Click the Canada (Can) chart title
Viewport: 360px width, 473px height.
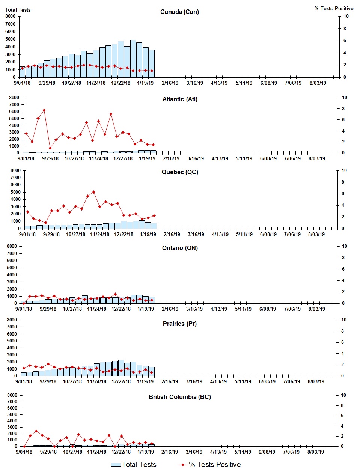point(179,12)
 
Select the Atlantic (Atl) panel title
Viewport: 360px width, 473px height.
point(180,99)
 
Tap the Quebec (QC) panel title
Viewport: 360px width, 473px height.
point(180,172)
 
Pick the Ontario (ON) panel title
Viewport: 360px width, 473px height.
point(180,248)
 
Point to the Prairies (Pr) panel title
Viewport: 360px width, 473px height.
point(180,324)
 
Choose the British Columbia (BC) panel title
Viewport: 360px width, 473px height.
point(180,397)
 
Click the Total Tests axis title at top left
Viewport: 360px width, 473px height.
point(18,10)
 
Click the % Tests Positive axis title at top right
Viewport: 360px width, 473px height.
point(334,8)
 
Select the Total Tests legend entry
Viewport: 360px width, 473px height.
point(134,465)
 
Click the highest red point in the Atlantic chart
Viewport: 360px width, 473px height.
point(44,110)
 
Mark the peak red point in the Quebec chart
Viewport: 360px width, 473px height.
point(93,192)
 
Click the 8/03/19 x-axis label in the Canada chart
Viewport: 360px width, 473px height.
point(318,83)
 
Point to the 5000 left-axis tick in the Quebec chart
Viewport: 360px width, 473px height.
point(15,192)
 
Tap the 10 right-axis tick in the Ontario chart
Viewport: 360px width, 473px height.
point(344,246)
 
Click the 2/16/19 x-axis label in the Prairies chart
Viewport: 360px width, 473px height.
point(170,381)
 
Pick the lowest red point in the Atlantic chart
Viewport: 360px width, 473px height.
point(50,148)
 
